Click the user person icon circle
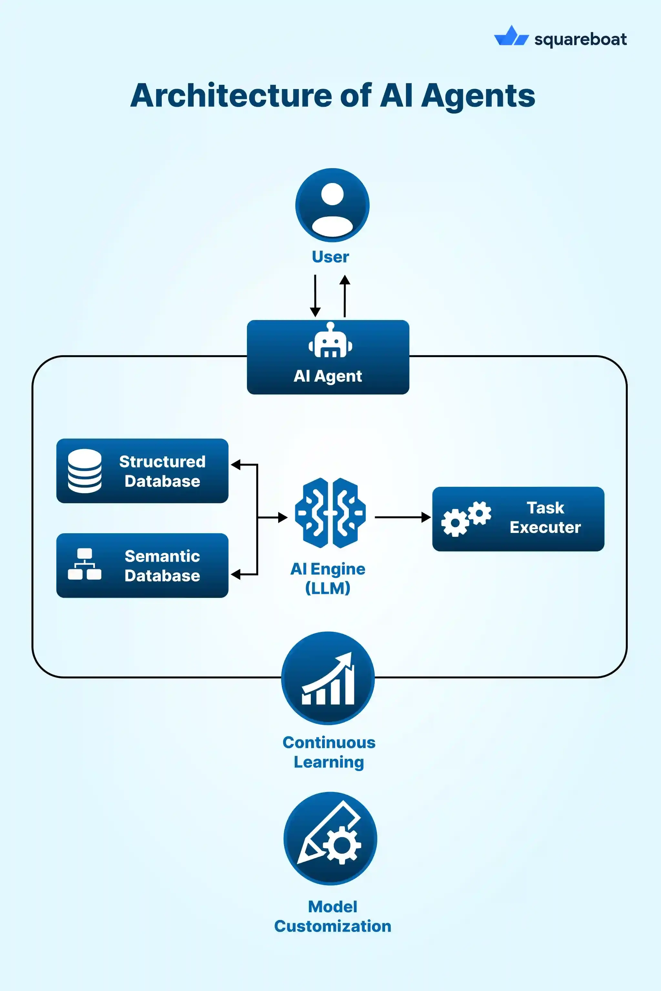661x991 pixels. click(332, 205)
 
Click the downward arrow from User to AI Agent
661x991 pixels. click(315, 296)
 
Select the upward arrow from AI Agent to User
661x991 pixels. click(345, 296)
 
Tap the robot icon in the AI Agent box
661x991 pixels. click(330, 341)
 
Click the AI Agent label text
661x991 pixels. click(328, 376)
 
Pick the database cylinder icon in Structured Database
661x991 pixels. click(85, 471)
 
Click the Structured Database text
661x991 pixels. click(162, 471)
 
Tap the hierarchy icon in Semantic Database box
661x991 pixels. click(85, 564)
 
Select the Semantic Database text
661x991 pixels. click(162, 566)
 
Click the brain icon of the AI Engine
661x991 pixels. click(330, 513)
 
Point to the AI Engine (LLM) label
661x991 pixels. click(328, 578)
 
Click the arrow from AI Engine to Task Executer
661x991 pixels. click(402, 517)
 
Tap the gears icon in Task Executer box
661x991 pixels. click(466, 519)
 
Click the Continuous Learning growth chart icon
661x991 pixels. click(328, 678)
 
